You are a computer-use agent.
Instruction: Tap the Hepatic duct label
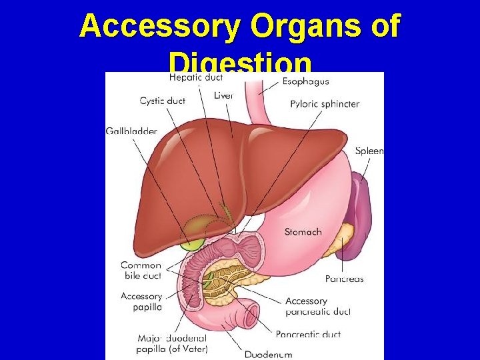click(196, 78)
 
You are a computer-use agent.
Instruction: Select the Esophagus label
click(305, 82)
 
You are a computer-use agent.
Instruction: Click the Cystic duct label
click(162, 101)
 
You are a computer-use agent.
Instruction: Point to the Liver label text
click(223, 95)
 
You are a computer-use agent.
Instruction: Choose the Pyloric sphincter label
click(325, 104)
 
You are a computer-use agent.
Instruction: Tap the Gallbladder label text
click(131, 131)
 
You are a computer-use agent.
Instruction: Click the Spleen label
click(369, 151)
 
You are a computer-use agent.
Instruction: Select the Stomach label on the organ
click(303, 232)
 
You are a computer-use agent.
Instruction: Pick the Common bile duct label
click(141, 270)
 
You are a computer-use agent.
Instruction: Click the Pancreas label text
click(344, 279)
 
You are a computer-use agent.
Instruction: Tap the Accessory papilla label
click(141, 301)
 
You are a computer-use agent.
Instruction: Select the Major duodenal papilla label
click(173, 343)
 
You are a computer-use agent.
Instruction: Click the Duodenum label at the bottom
click(268, 353)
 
